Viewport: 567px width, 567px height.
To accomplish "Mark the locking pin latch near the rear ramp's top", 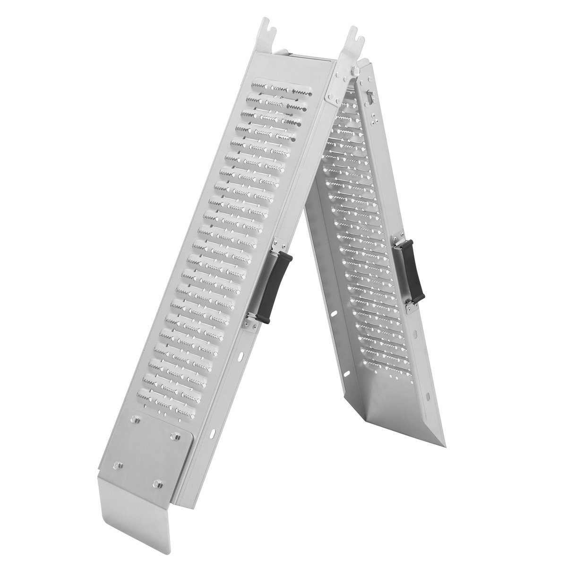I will click(370, 97).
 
